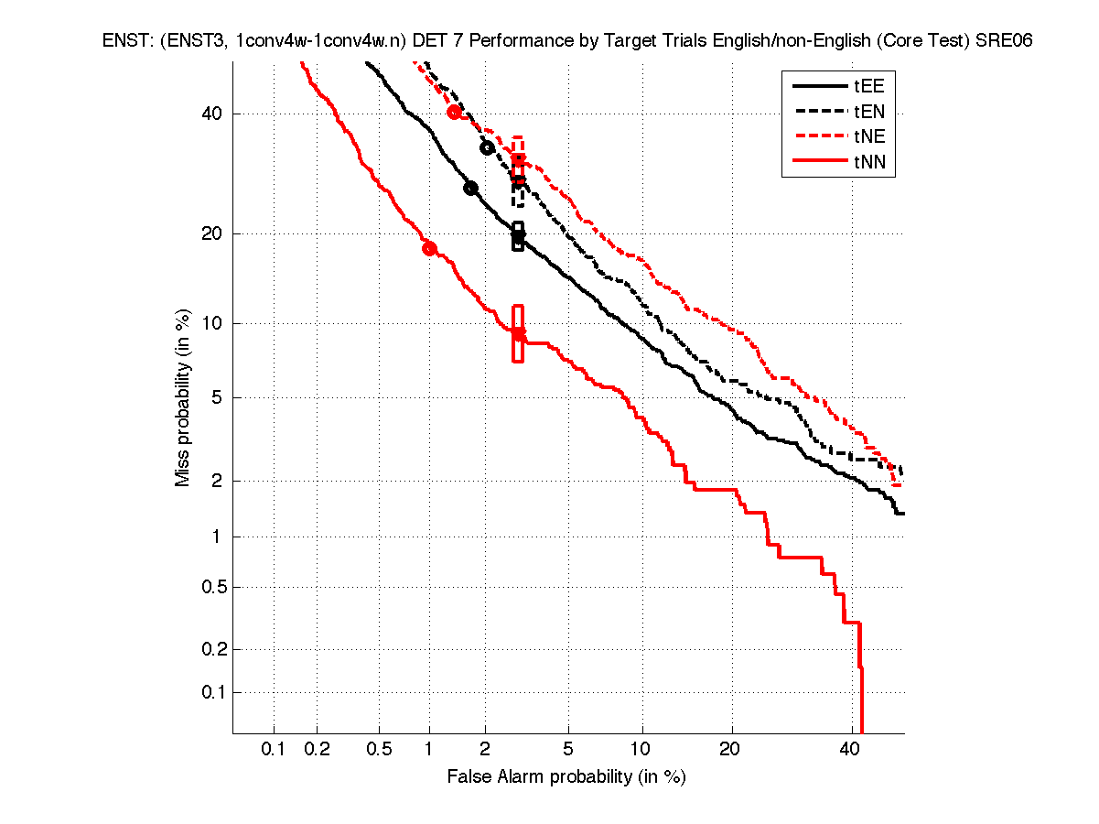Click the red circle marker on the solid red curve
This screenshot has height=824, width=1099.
(428, 248)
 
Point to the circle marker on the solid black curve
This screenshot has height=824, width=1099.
(471, 188)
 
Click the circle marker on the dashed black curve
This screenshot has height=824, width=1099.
(488, 147)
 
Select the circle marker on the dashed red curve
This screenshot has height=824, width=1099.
(454, 112)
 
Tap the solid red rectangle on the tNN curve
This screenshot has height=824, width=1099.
(518, 333)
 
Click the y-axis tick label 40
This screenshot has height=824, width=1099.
(210, 114)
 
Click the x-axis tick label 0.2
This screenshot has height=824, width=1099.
(318, 750)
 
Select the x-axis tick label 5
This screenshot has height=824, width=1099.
(568, 750)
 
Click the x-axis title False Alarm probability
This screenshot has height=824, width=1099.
(566, 777)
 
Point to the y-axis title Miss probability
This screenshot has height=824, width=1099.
(183, 397)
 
